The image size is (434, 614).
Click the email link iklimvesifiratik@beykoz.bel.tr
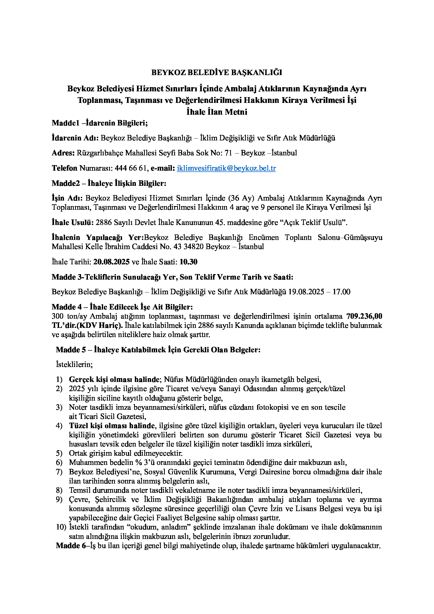(226, 168)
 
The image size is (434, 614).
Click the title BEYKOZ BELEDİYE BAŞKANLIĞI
(217, 72)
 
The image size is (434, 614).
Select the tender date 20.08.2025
(112, 262)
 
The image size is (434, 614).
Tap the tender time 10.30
(188, 262)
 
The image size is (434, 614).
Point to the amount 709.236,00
(364, 316)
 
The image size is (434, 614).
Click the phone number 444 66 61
(131, 168)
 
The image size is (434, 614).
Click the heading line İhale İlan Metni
(217, 112)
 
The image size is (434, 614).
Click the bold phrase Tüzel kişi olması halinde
(112, 426)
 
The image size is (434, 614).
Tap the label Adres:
(63, 153)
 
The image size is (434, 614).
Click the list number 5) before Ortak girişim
(59, 453)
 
